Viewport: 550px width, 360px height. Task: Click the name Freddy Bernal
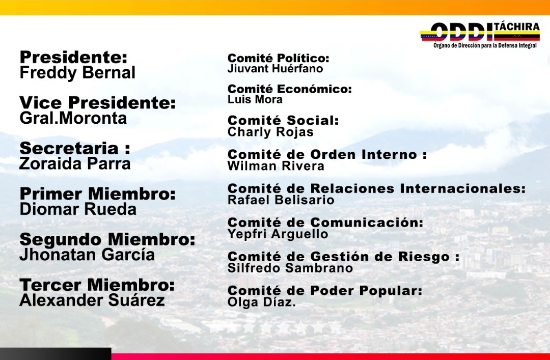77,72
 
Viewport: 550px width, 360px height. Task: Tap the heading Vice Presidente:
97,103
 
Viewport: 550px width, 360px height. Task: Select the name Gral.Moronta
73,119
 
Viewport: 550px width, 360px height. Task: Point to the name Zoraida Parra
75,164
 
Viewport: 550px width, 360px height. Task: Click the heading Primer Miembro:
97,194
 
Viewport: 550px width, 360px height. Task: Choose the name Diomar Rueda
78,209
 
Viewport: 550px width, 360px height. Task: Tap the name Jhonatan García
87,255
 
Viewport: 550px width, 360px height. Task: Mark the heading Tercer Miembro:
97,285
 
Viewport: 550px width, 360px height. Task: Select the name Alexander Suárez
92,300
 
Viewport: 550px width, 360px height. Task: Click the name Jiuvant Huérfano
275,68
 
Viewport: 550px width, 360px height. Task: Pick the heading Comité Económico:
290,89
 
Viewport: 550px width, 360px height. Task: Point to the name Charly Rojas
270,132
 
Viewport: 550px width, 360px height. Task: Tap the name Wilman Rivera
276,166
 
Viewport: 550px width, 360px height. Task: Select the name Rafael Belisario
281,200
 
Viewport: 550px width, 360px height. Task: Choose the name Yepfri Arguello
278,234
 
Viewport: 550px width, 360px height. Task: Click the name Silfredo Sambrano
290,268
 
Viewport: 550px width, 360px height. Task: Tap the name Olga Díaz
261,302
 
